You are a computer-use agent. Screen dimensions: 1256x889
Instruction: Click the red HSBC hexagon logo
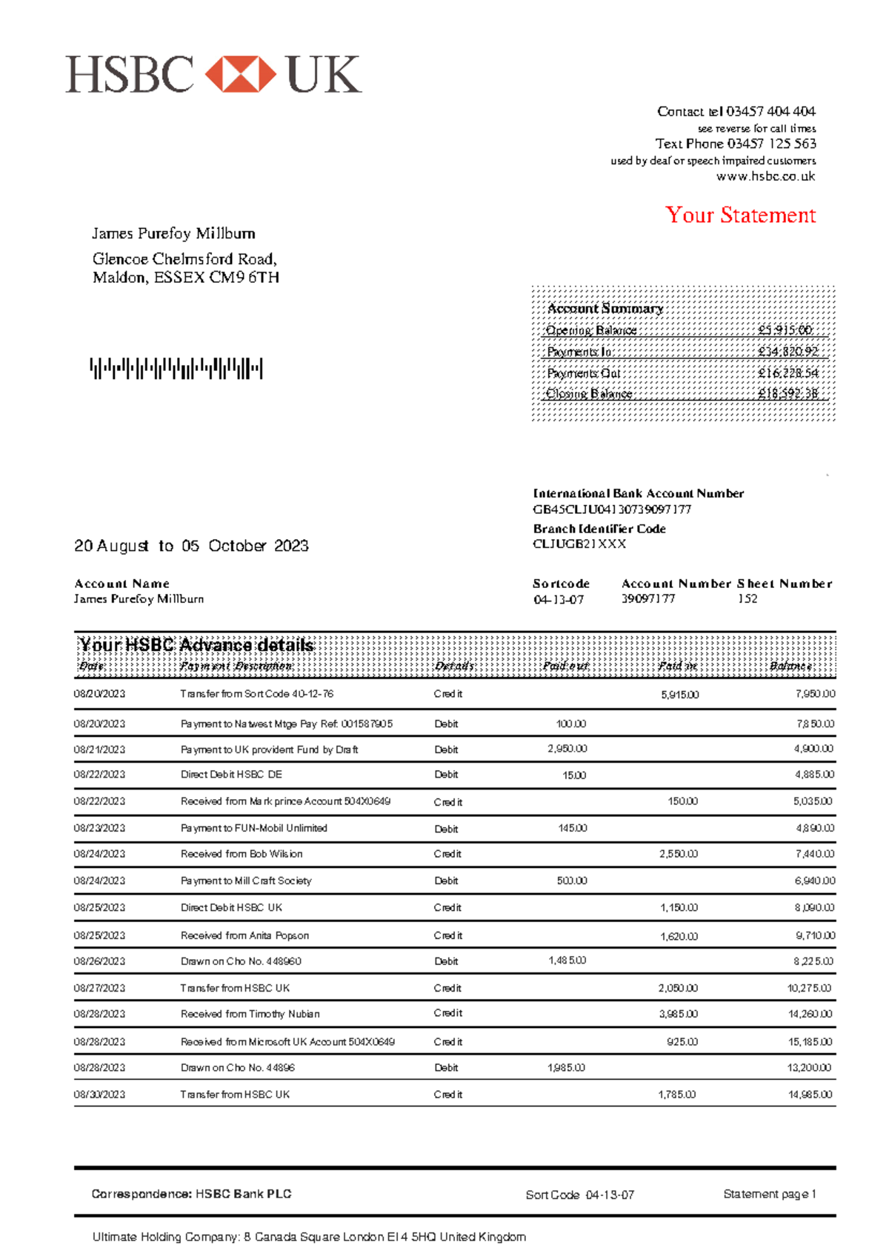pyautogui.click(x=240, y=74)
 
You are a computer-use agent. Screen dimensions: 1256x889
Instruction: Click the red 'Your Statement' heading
pyautogui.click(x=740, y=216)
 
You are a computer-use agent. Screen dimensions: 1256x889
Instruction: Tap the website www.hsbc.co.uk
pyautogui.click(x=765, y=176)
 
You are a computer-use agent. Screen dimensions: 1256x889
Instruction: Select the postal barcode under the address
pyautogui.click(x=176, y=368)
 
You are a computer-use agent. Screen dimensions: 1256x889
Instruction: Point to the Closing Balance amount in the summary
pyautogui.click(x=788, y=394)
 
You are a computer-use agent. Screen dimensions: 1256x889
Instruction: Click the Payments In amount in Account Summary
pyautogui.click(x=788, y=352)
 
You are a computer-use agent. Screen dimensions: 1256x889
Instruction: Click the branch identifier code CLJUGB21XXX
pyautogui.click(x=579, y=544)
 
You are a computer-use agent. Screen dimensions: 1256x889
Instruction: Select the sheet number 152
pyautogui.click(x=747, y=598)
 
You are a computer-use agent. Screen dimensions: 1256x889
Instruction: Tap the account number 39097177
pyautogui.click(x=648, y=598)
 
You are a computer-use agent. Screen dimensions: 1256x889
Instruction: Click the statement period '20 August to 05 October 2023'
pyautogui.click(x=191, y=546)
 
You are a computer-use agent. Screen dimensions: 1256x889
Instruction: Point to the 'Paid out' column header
pyautogui.click(x=565, y=666)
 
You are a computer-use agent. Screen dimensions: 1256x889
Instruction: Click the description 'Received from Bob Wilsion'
pyautogui.click(x=242, y=854)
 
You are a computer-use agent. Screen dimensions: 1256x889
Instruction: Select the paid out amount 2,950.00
pyautogui.click(x=567, y=749)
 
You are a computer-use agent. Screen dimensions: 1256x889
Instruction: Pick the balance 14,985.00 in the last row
pyautogui.click(x=810, y=1094)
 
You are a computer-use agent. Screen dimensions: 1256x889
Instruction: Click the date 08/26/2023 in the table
pyautogui.click(x=99, y=961)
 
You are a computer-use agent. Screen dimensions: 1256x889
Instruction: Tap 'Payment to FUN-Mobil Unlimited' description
pyautogui.click(x=253, y=828)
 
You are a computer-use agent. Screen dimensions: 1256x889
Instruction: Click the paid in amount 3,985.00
pyautogui.click(x=678, y=1014)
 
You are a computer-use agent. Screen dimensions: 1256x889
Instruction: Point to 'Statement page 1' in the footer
pyautogui.click(x=769, y=1194)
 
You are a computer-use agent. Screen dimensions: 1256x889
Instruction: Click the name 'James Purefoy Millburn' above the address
pyautogui.click(x=173, y=234)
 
